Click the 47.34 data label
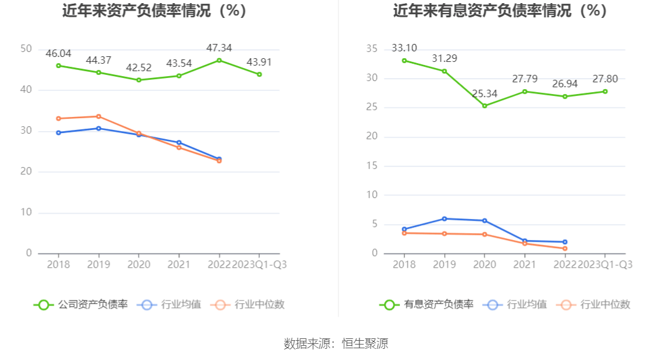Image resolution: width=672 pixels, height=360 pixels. [x=219, y=48]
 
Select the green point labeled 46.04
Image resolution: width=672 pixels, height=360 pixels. [x=58, y=66]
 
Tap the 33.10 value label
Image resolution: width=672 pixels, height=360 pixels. [x=404, y=48]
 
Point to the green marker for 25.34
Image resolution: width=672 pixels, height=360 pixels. [x=485, y=106]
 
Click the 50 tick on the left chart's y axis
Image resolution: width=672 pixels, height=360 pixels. [x=26, y=49]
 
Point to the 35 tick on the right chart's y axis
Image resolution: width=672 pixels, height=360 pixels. [x=371, y=49]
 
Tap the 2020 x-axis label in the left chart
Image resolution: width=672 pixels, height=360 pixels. [x=139, y=265]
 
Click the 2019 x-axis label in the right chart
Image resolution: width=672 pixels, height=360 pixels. [x=444, y=265]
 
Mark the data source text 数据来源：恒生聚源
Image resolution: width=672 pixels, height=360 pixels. [x=336, y=344]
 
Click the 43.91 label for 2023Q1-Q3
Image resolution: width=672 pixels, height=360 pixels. [x=259, y=62]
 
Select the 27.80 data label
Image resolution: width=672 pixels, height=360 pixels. [x=605, y=79]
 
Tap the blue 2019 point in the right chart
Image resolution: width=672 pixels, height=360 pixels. [x=444, y=218]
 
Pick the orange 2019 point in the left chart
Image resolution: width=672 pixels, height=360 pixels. [x=98, y=116]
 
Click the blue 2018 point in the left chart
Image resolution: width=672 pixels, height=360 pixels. [x=58, y=132]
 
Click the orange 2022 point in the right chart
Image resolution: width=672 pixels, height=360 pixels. [x=565, y=249]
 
